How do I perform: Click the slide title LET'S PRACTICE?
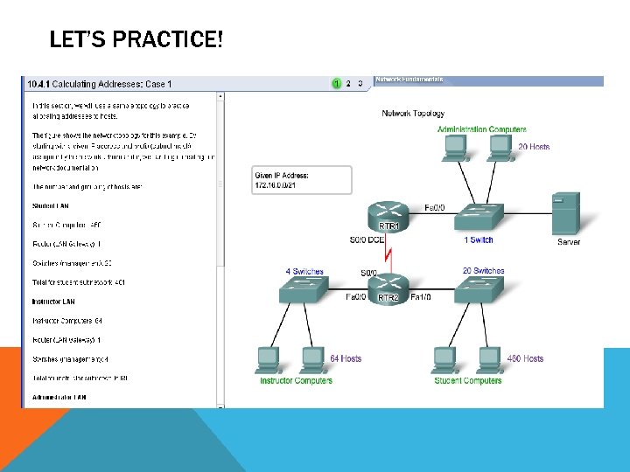(x=136, y=39)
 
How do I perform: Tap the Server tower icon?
(x=566, y=213)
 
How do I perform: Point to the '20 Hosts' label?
(x=534, y=147)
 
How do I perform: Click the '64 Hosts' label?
(x=346, y=358)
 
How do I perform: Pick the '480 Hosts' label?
(x=525, y=358)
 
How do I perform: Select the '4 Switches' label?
(x=304, y=271)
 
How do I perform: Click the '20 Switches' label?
(x=483, y=271)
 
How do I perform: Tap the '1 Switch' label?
(x=479, y=239)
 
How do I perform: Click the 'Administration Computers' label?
(x=481, y=130)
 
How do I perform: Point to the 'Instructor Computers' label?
(x=296, y=380)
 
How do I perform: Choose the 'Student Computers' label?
(x=468, y=380)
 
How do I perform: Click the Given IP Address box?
(x=301, y=181)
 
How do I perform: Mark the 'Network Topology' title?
(x=413, y=114)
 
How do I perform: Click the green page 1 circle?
(x=335, y=84)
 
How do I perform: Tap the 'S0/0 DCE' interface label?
(x=366, y=239)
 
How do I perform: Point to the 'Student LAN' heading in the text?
(x=51, y=206)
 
